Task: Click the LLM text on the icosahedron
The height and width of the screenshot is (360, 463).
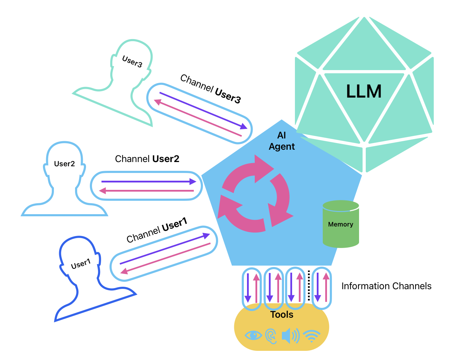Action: click(364, 92)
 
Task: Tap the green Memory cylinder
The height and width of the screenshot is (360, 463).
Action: click(341, 224)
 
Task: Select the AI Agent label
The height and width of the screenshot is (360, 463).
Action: click(282, 141)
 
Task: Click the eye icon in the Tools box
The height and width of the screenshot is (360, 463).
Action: click(253, 335)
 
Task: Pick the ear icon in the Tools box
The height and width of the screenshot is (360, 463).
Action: click(271, 336)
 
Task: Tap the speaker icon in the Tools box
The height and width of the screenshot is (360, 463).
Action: click(290, 336)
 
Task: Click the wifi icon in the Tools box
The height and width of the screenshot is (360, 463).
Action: click(311, 336)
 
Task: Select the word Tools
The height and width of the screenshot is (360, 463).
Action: click(282, 315)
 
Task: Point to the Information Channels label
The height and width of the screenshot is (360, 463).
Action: click(386, 286)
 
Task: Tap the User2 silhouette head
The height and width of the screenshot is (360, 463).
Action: click(64, 163)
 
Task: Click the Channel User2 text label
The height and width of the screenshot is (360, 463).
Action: click(147, 159)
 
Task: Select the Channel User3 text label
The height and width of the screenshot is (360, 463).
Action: click(210, 89)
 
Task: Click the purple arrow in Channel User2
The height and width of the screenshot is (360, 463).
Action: click(148, 181)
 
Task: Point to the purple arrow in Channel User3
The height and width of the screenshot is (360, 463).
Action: click(203, 110)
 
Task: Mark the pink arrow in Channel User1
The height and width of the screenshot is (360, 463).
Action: click(166, 257)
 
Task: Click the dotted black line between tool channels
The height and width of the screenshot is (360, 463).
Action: click(309, 285)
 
